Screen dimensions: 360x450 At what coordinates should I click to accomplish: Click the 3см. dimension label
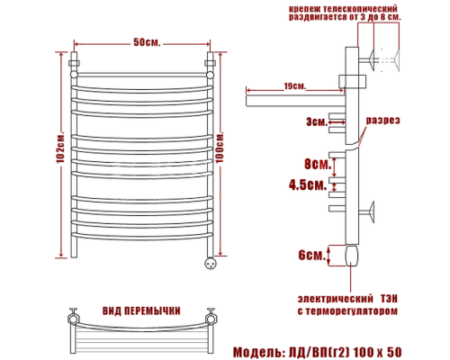click(317, 121)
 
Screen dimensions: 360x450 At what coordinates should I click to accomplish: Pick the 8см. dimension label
click(314, 165)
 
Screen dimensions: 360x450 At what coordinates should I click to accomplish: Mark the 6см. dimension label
click(311, 255)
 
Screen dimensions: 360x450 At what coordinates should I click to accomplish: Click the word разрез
click(382, 120)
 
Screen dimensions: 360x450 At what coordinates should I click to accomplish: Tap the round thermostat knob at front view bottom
click(210, 264)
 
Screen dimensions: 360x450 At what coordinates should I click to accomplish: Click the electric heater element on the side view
click(351, 258)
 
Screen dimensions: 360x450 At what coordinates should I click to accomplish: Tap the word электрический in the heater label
click(334, 297)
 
